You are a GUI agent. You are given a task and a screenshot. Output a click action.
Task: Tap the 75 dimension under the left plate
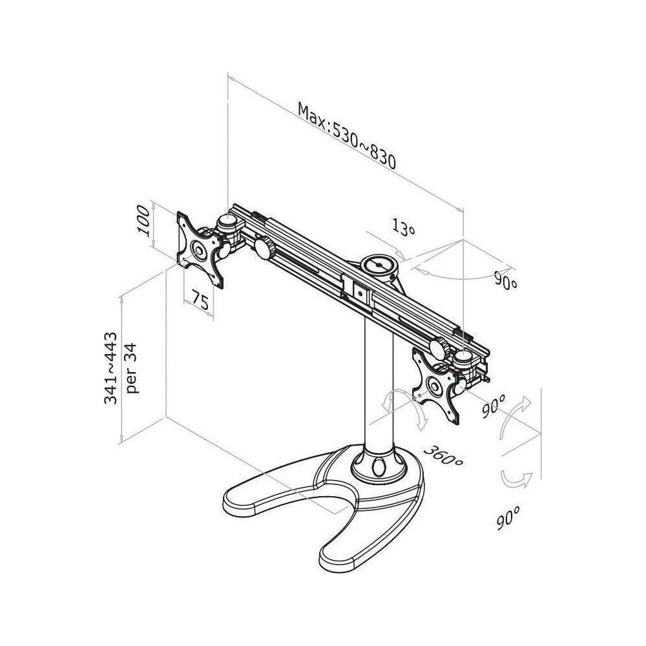click(201, 302)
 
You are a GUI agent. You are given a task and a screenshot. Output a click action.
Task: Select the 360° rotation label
click(444, 455)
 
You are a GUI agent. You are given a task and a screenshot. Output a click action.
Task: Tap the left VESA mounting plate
click(200, 249)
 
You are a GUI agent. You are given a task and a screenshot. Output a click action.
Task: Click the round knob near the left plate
click(264, 247)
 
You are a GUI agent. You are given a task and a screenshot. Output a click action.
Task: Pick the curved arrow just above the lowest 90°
click(517, 479)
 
